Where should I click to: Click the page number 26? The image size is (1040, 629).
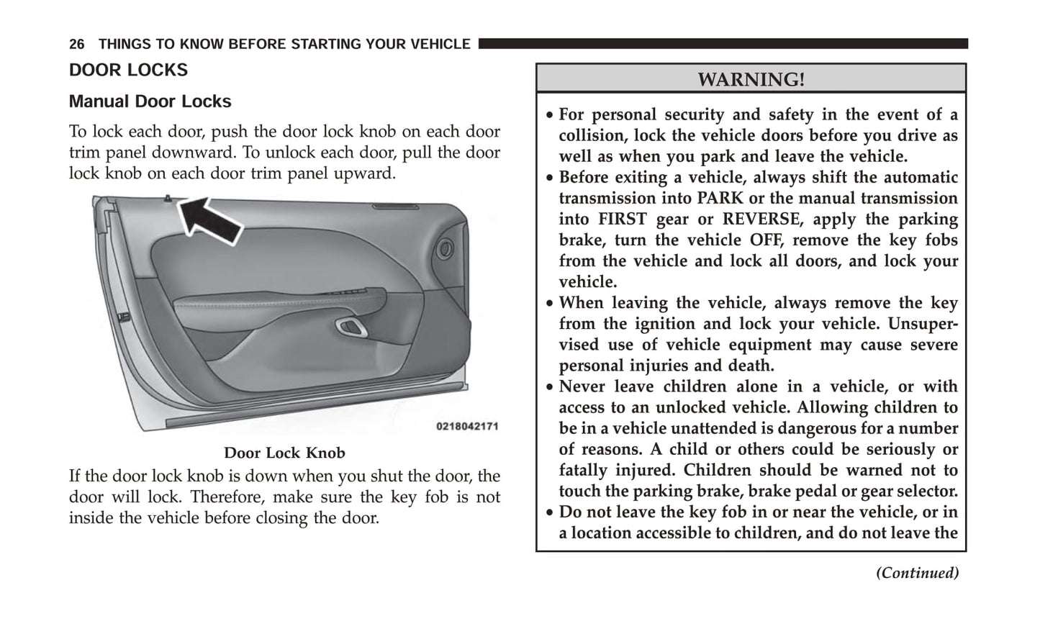tap(77, 45)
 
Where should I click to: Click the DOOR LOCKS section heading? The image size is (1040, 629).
tap(128, 70)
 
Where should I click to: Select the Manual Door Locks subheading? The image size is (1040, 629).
tap(150, 101)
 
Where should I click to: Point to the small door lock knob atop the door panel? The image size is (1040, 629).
tap(167, 198)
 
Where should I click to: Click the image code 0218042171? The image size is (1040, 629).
tap(467, 426)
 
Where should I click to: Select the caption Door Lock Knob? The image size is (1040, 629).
tap(284, 453)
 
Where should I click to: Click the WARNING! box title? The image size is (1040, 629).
tap(751, 79)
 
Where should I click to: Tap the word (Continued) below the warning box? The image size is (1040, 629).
tap(917, 573)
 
